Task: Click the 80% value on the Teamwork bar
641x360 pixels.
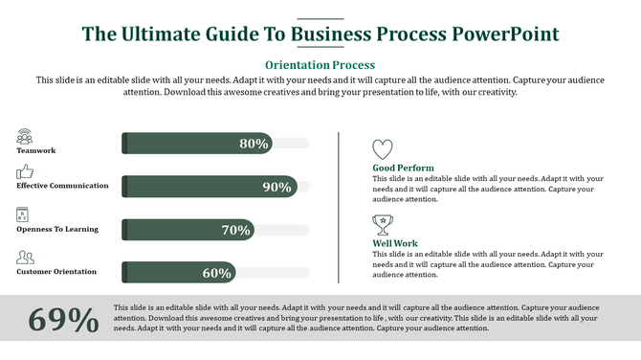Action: [x=254, y=144]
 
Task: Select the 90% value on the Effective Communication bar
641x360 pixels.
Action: [x=276, y=187]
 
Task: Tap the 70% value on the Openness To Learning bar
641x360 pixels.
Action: [x=235, y=230]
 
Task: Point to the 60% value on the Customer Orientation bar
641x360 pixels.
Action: [x=216, y=273]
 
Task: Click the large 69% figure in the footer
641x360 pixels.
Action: [x=64, y=321]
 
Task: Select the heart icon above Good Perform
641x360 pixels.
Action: [x=382, y=149]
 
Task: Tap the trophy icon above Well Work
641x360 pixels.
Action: [x=382, y=225]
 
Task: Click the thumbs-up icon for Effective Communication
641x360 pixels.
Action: [x=25, y=172]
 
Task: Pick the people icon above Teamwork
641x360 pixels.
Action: [x=25, y=137]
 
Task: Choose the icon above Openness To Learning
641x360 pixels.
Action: [x=24, y=214]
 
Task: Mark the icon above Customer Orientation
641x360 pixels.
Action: [x=25, y=258]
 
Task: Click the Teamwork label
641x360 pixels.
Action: [x=36, y=151]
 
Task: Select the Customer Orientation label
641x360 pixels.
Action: [x=56, y=272]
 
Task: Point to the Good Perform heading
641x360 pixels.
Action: [x=403, y=169]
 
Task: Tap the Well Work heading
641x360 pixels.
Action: [x=395, y=244]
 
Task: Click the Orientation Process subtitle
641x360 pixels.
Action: [x=320, y=65]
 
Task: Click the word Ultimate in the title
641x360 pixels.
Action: [x=158, y=34]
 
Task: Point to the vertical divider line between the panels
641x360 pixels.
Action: [x=340, y=207]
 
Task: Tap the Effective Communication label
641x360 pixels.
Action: [x=62, y=186]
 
